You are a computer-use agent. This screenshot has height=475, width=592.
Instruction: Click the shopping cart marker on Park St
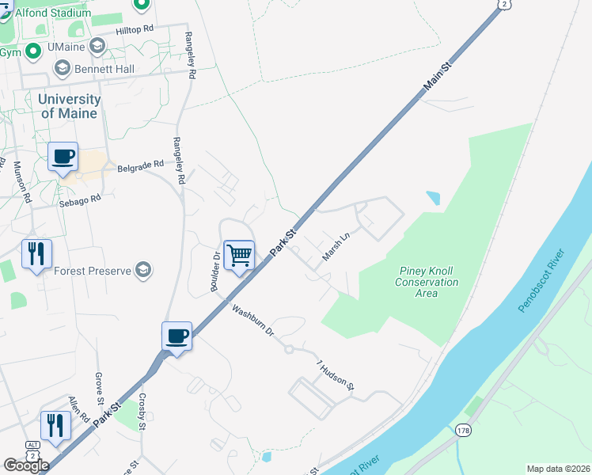239,255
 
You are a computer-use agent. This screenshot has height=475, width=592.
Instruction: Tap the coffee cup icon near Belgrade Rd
63,157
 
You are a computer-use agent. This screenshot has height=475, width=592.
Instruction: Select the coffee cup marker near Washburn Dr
176,336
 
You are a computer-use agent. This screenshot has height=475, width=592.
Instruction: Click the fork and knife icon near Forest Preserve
36,254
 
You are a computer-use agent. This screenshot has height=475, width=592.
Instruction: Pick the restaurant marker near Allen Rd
55,426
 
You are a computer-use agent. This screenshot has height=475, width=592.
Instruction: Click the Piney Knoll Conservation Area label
427,282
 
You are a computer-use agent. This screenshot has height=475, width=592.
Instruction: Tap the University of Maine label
70,106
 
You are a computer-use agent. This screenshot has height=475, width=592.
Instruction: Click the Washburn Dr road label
252,320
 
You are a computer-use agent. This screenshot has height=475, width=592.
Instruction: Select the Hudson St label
335,376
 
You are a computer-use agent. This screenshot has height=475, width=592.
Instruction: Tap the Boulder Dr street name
214,272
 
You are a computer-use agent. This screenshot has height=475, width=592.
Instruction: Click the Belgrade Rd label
140,166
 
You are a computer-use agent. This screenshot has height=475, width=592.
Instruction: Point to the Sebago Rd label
81,201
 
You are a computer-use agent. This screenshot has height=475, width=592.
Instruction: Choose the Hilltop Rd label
134,28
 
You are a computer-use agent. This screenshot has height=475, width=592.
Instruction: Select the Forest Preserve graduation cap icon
143,271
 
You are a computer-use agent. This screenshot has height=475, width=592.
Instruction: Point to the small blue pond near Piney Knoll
433,197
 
